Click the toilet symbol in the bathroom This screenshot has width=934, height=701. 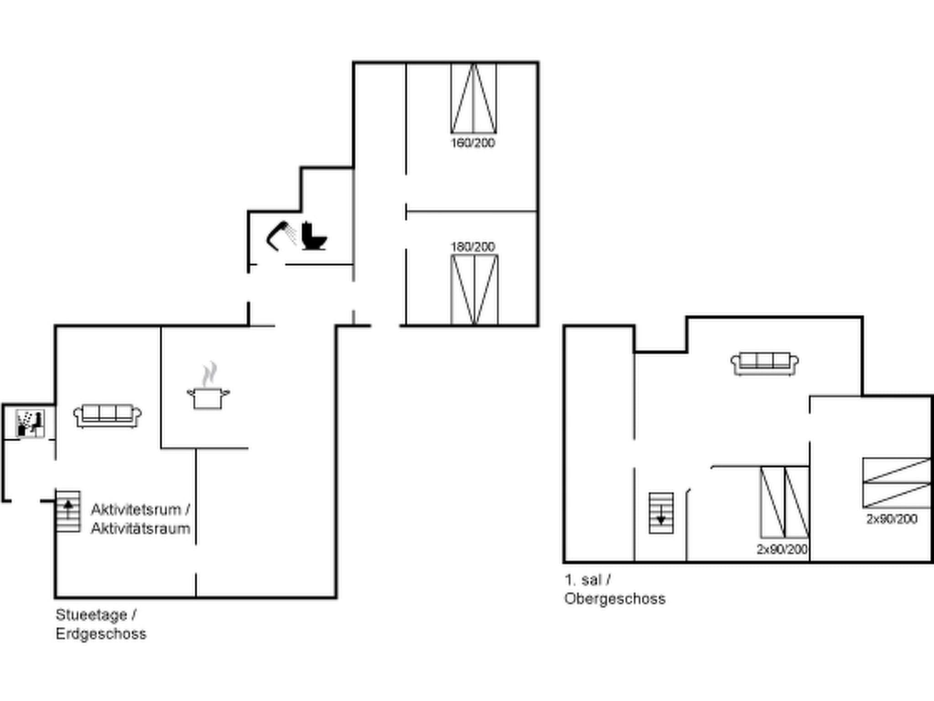coord(314,236)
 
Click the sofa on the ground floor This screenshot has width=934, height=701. coord(107,415)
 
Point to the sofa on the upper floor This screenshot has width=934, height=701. coord(764,364)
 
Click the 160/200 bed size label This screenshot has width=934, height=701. coord(473,143)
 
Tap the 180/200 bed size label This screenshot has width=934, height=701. coord(473,247)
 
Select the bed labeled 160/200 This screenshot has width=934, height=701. coord(474,99)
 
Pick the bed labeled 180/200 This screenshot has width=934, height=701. coord(474,290)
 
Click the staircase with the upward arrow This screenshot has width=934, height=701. coord(68,511)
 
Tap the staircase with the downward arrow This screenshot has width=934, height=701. coord(661,513)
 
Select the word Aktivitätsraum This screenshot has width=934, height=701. coord(140,528)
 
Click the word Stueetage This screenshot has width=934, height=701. coord(91,615)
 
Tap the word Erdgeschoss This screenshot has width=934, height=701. coord(101,634)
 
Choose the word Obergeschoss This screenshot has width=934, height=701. coord(615,599)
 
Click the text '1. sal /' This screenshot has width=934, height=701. coord(587,580)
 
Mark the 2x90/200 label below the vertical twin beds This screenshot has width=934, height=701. coord(782,549)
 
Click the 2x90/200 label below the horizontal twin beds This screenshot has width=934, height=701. coord(892,519)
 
